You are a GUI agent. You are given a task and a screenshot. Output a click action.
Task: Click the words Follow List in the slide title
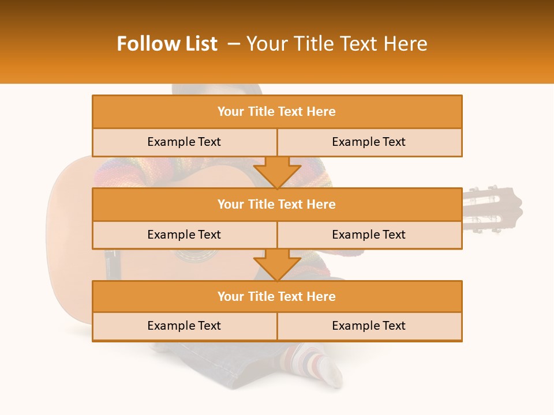click(167, 44)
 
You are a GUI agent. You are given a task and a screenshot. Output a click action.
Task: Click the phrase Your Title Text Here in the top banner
click(336, 44)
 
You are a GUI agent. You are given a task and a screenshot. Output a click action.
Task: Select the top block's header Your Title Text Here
click(276, 112)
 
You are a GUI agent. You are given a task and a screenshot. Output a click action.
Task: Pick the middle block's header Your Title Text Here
click(276, 204)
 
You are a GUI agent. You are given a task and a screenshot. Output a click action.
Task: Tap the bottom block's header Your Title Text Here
click(276, 296)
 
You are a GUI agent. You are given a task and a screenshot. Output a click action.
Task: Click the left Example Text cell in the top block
click(184, 142)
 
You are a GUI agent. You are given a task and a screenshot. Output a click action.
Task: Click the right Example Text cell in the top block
click(369, 142)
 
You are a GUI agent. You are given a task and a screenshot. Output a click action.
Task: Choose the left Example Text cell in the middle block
click(184, 235)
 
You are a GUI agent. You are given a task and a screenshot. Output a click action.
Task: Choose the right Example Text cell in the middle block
click(369, 235)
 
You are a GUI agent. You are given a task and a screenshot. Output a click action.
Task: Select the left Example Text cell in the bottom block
click(184, 326)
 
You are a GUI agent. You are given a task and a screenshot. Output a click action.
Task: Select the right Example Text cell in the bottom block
click(369, 326)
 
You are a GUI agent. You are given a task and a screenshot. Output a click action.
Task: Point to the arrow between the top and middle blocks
click(277, 172)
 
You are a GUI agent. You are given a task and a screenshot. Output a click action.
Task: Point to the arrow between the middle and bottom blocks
click(277, 265)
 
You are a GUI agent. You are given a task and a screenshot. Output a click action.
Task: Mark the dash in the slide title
click(234, 44)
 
